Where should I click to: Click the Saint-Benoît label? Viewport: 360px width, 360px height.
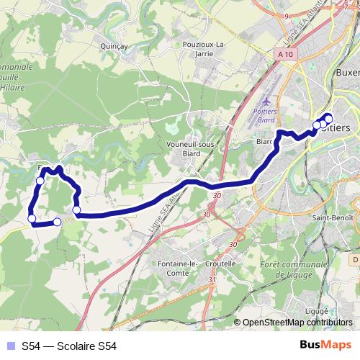(331, 217)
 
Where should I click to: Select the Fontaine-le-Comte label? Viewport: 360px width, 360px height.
(177, 268)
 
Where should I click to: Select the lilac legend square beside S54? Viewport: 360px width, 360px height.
(9, 346)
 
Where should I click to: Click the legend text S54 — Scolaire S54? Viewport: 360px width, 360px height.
(68, 346)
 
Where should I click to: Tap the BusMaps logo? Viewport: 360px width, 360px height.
(325, 345)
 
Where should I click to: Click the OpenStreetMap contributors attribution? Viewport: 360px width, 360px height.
(297, 323)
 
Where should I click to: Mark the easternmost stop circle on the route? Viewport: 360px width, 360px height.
(329, 119)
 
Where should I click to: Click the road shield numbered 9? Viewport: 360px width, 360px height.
(286, 14)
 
